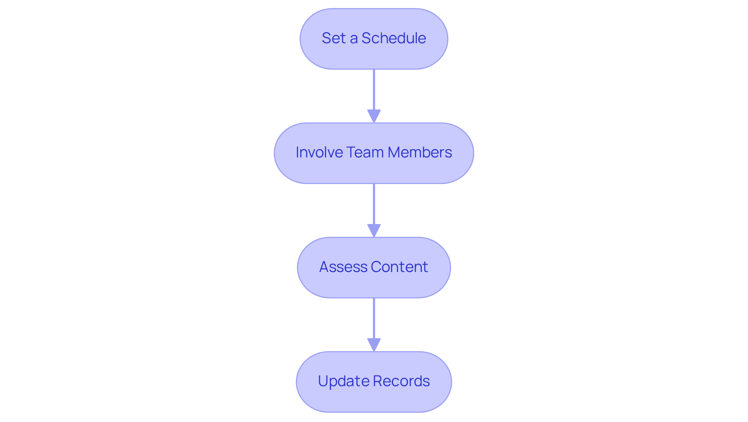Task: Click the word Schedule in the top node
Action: [x=393, y=38]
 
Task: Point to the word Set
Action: [x=334, y=38]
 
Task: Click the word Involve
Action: [x=319, y=152]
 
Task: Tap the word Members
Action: [x=420, y=152]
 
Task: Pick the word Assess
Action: [x=343, y=267]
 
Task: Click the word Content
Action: [x=399, y=267]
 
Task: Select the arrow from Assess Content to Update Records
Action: [x=374, y=319]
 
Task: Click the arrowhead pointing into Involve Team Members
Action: [x=374, y=116]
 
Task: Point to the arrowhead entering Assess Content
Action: [x=374, y=230]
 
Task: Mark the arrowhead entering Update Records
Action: [x=374, y=345]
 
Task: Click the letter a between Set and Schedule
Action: [x=354, y=39]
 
